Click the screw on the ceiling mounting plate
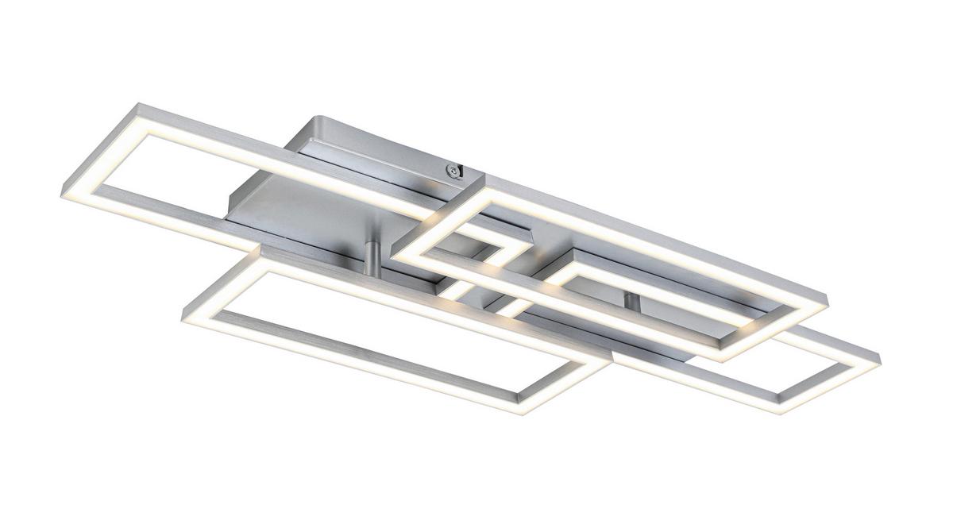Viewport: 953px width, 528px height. [452, 168]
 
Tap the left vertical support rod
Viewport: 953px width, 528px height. [371, 256]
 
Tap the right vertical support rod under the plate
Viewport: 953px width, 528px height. [631, 302]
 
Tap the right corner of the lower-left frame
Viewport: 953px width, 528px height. [607, 361]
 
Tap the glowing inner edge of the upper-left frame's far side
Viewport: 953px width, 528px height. [262, 159]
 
